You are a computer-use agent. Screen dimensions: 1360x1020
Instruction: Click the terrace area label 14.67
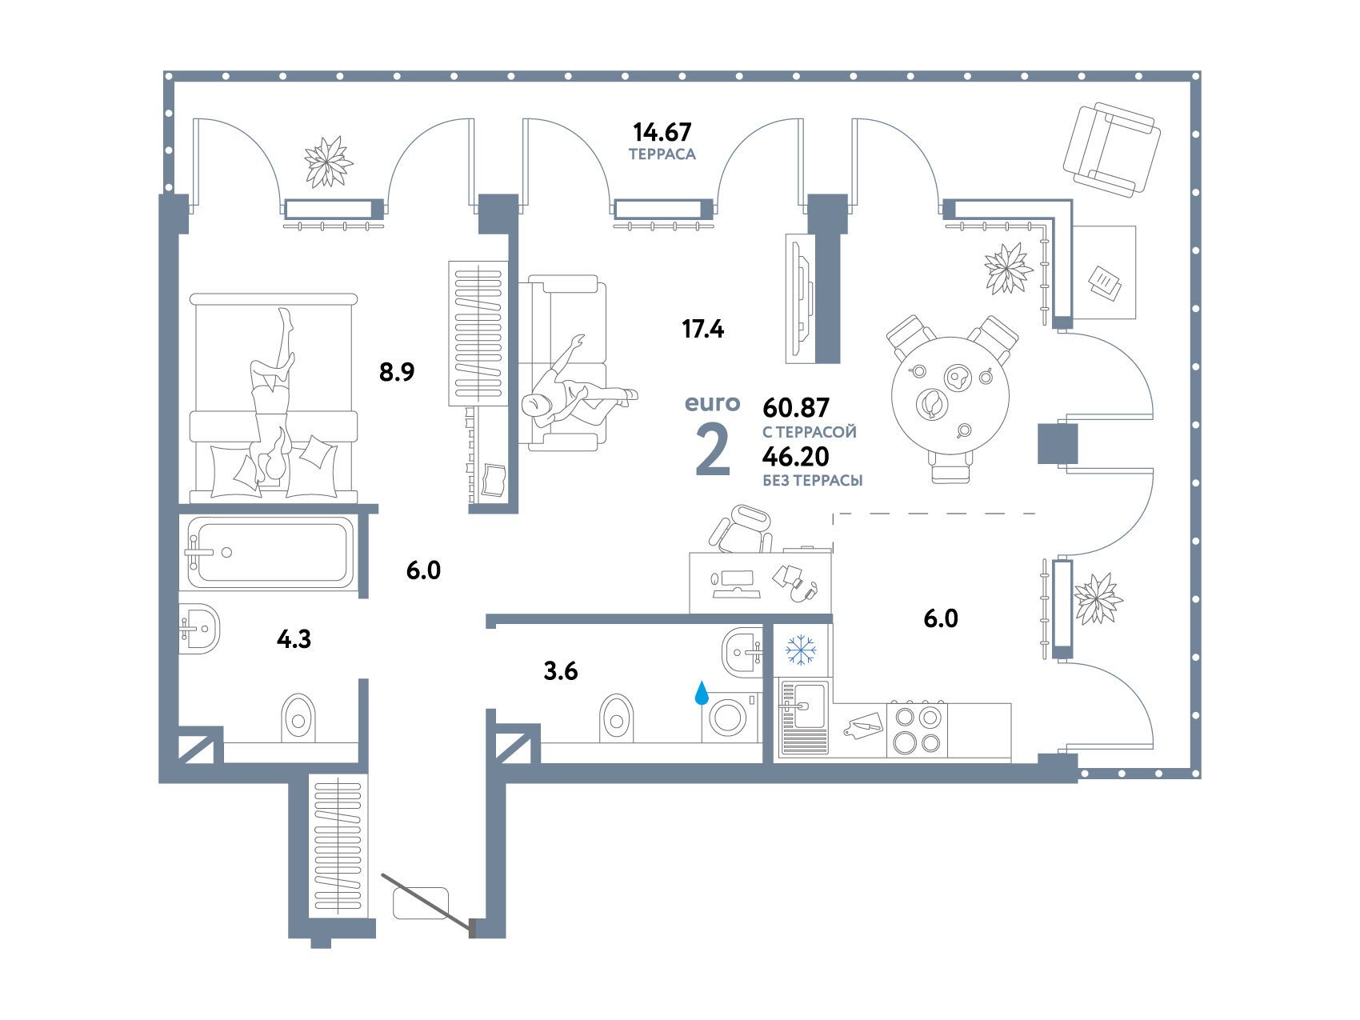click(662, 130)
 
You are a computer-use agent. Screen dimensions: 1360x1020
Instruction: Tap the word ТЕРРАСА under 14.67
click(662, 154)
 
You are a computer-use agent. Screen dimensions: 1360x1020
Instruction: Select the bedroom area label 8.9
click(397, 372)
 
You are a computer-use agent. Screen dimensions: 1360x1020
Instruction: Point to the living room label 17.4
click(702, 328)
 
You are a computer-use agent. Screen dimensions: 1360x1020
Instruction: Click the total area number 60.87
click(796, 408)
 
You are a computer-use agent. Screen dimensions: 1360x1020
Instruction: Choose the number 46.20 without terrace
click(796, 456)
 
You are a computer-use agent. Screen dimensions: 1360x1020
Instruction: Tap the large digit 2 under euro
click(713, 451)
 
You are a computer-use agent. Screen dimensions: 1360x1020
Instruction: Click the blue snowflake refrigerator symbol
click(799, 650)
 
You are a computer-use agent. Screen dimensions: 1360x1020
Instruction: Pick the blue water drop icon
click(702, 693)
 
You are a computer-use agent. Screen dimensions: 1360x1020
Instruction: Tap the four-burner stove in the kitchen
click(917, 730)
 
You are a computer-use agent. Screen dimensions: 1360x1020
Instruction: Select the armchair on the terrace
click(1111, 150)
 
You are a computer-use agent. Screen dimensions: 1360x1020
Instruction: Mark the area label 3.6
click(560, 671)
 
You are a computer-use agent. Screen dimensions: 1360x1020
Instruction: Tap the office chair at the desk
click(742, 530)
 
